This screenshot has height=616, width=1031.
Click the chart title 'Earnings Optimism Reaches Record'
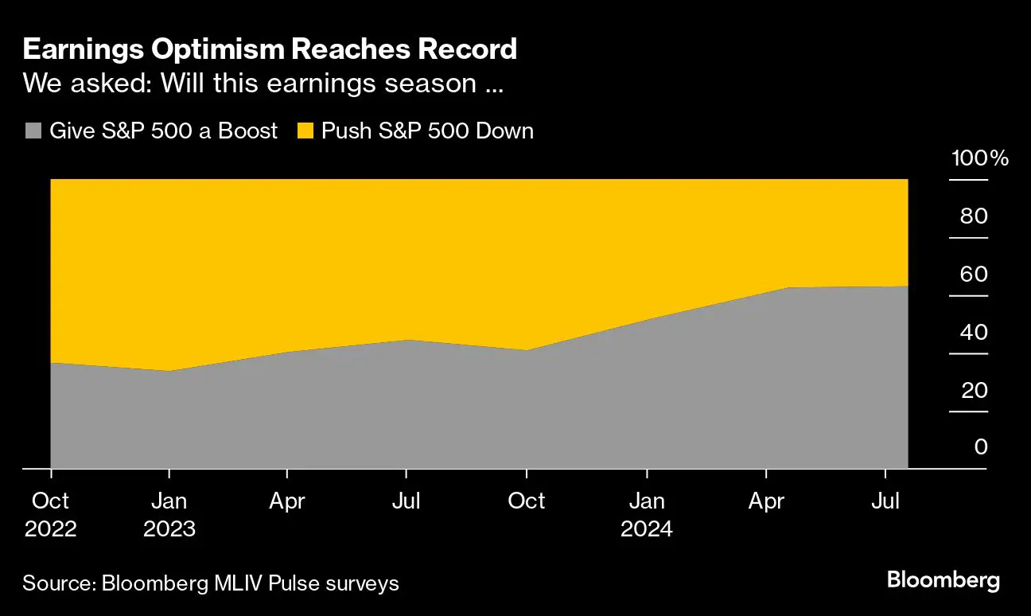pyautogui.click(x=270, y=49)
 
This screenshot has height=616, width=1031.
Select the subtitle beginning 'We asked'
pyautogui.click(x=263, y=84)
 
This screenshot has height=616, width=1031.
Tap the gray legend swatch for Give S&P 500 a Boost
pyautogui.click(x=33, y=131)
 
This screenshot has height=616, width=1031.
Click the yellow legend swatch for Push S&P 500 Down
pyautogui.click(x=305, y=131)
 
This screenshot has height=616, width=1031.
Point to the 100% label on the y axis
pyautogui.click(x=979, y=158)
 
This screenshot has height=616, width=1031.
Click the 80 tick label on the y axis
pyautogui.click(x=973, y=216)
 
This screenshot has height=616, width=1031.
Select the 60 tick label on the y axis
pyautogui.click(x=973, y=274)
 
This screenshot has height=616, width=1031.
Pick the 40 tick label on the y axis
pyautogui.click(x=973, y=332)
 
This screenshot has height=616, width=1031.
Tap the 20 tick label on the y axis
pyautogui.click(x=973, y=390)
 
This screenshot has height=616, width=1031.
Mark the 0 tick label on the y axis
pyautogui.click(x=980, y=447)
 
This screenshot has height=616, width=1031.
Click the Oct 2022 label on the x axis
pyautogui.click(x=51, y=514)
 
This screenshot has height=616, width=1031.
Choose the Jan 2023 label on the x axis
pyautogui.click(x=169, y=514)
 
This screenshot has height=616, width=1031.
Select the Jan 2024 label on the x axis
pyautogui.click(x=647, y=514)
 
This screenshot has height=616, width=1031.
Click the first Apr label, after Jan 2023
pyautogui.click(x=286, y=501)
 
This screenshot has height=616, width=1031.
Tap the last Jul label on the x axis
pyautogui.click(x=885, y=501)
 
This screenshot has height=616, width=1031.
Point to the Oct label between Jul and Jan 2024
pyautogui.click(x=527, y=501)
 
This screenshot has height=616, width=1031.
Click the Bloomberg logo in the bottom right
pyautogui.click(x=943, y=580)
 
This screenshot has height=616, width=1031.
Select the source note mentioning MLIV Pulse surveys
pyautogui.click(x=211, y=583)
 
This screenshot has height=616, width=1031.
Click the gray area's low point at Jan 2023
pyautogui.click(x=169, y=371)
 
